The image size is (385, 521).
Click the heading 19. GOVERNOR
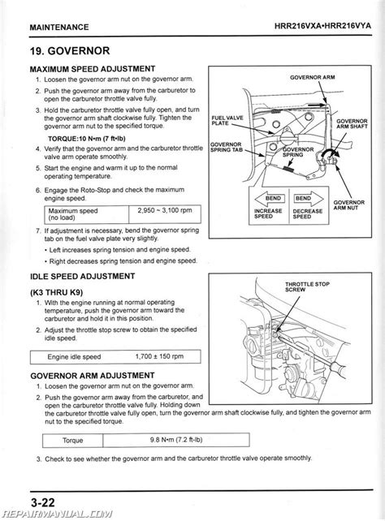[x=70, y=51]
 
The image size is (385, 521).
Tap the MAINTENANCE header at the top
[x=59, y=28]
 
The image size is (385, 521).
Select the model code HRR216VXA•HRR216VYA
[x=322, y=26]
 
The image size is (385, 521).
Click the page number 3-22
[x=42, y=502]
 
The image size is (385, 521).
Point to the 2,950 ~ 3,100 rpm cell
[x=165, y=214]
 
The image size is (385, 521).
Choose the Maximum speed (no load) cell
[x=86, y=214]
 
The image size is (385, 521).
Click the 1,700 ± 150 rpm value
[x=159, y=356]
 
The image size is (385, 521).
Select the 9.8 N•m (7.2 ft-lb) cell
[x=176, y=440]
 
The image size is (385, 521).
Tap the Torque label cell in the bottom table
[x=72, y=441]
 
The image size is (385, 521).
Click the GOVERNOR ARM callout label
[x=312, y=77]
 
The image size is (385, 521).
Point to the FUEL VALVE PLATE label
[x=227, y=121]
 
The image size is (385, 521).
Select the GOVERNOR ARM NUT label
[x=348, y=205]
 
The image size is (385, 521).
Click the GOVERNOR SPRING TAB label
[x=227, y=147]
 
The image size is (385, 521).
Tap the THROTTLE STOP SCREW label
[x=307, y=286]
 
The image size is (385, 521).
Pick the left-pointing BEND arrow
[x=270, y=198]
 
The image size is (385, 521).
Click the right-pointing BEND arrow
[x=309, y=198]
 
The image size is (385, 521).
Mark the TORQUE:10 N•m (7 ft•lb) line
[x=87, y=139]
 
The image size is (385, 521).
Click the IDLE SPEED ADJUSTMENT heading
[x=83, y=277]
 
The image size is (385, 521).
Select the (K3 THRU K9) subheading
[x=57, y=293]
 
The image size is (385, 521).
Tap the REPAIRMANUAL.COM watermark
[x=57, y=515]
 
